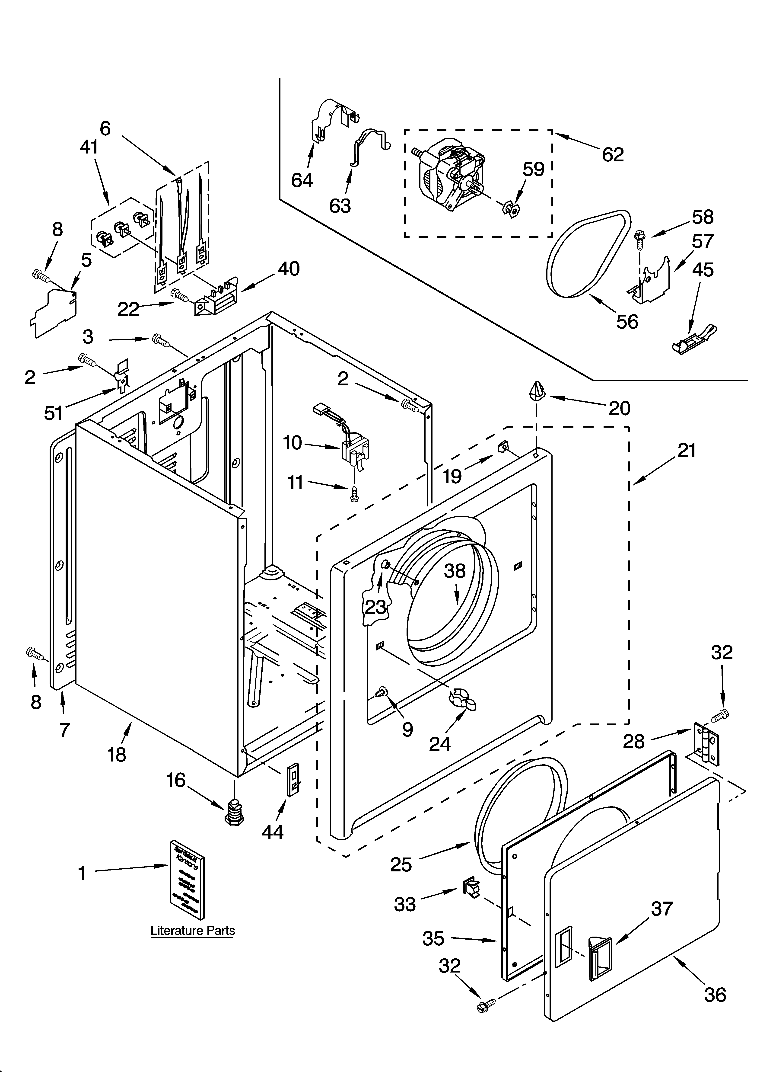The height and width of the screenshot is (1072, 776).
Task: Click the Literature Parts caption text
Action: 193,931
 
